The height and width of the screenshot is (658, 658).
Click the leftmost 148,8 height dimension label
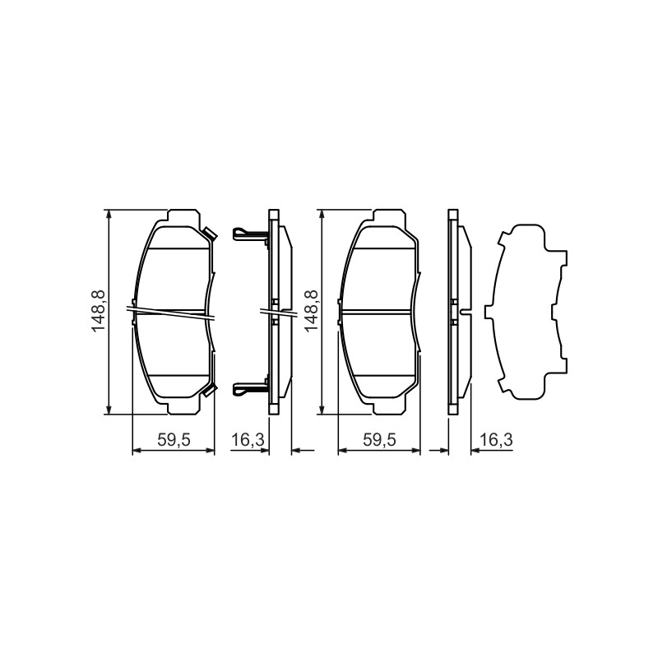[99, 311]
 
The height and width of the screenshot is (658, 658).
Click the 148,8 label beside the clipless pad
[312, 311]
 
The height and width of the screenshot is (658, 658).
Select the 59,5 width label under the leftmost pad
[174, 440]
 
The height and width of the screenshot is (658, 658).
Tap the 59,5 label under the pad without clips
[379, 440]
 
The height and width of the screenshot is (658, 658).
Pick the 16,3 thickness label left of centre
[248, 440]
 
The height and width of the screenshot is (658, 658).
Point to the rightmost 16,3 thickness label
[496, 440]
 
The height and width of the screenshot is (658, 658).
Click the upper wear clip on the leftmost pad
[210, 234]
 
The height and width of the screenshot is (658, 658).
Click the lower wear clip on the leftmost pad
[210, 389]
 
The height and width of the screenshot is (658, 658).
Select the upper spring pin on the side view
[250, 234]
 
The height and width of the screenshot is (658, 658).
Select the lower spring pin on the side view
[250, 389]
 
